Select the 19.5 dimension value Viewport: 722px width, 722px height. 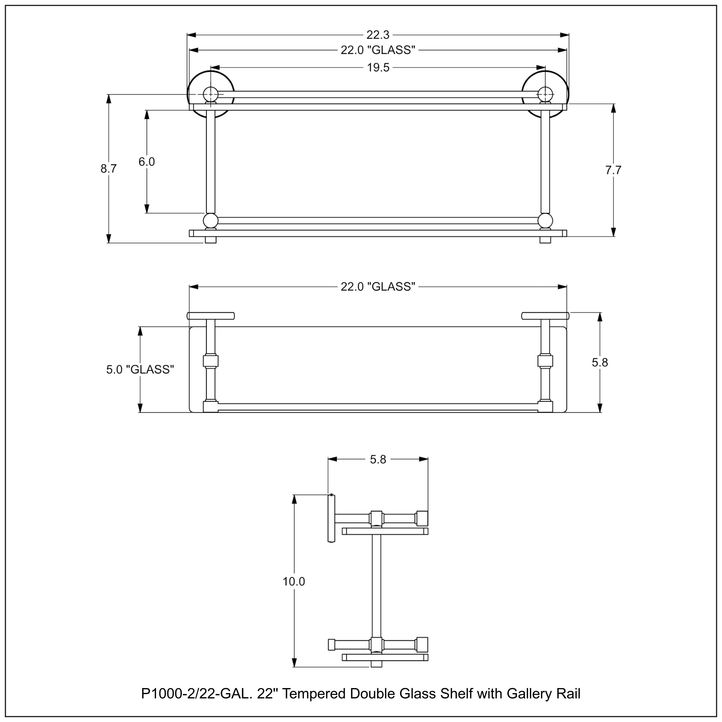click(x=378, y=68)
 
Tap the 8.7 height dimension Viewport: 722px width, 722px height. click(x=108, y=169)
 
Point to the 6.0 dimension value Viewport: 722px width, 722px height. click(x=147, y=162)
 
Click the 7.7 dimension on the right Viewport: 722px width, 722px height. click(x=613, y=170)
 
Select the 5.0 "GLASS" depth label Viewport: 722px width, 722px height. click(x=140, y=370)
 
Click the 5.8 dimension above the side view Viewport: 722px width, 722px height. click(x=378, y=459)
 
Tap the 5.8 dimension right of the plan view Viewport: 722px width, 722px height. click(x=600, y=362)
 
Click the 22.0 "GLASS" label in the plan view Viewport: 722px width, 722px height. click(x=378, y=287)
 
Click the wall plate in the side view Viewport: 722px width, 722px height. click(x=331, y=518)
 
